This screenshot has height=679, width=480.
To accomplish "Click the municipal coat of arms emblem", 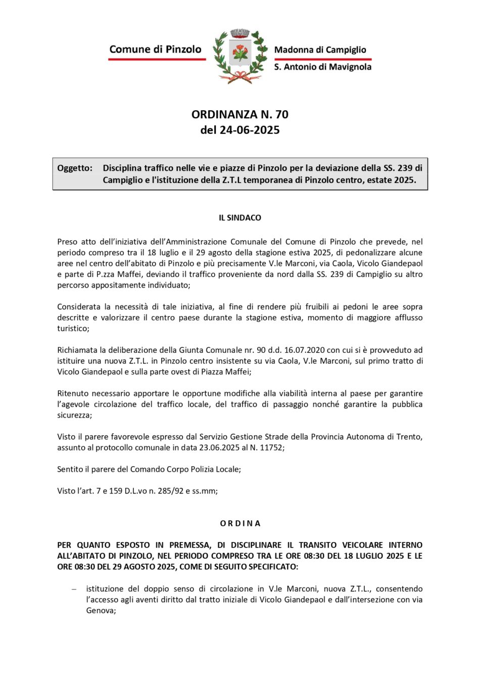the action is click(x=240, y=56).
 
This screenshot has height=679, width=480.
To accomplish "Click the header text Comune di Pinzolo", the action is click(x=155, y=50).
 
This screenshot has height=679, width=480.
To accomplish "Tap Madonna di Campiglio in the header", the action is click(x=320, y=50).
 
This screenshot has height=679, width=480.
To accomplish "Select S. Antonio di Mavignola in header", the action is click(x=322, y=67).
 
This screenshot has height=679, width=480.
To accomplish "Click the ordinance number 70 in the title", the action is click(x=282, y=114).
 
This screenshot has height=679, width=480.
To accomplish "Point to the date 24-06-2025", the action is click(x=250, y=130).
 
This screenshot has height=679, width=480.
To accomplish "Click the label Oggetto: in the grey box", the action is click(x=75, y=168).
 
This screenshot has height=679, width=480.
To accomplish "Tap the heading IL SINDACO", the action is click(x=240, y=218).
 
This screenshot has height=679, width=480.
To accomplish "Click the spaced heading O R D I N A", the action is click(x=240, y=523).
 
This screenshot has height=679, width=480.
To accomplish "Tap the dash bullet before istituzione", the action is click(x=74, y=589).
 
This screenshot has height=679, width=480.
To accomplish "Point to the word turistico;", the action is click(x=73, y=329).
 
